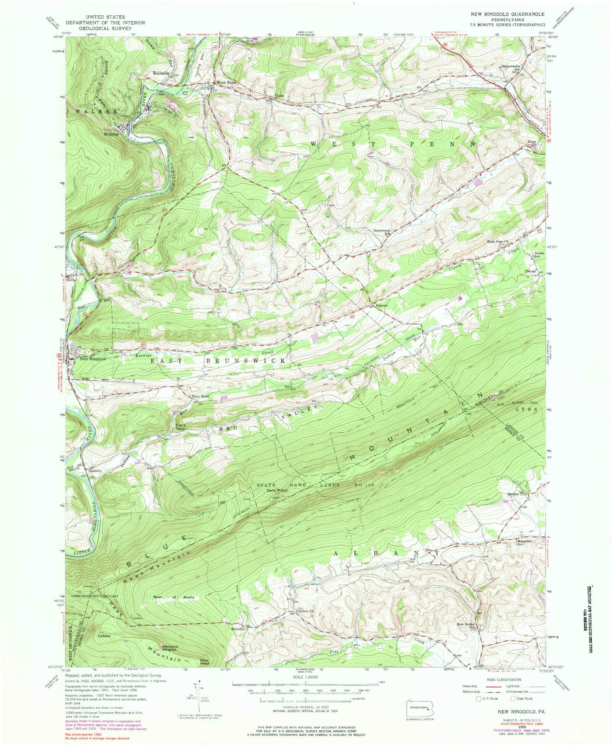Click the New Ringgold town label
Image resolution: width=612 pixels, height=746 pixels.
(x=92, y=359)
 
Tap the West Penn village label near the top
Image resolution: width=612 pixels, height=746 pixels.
(x=226, y=82)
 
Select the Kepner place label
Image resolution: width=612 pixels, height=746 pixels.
(x=381, y=305)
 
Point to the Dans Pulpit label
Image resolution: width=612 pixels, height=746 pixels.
(x=277, y=491)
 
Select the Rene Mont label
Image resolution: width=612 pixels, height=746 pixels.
(x=201, y=396)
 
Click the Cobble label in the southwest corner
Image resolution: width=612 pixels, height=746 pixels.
(x=104, y=636)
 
